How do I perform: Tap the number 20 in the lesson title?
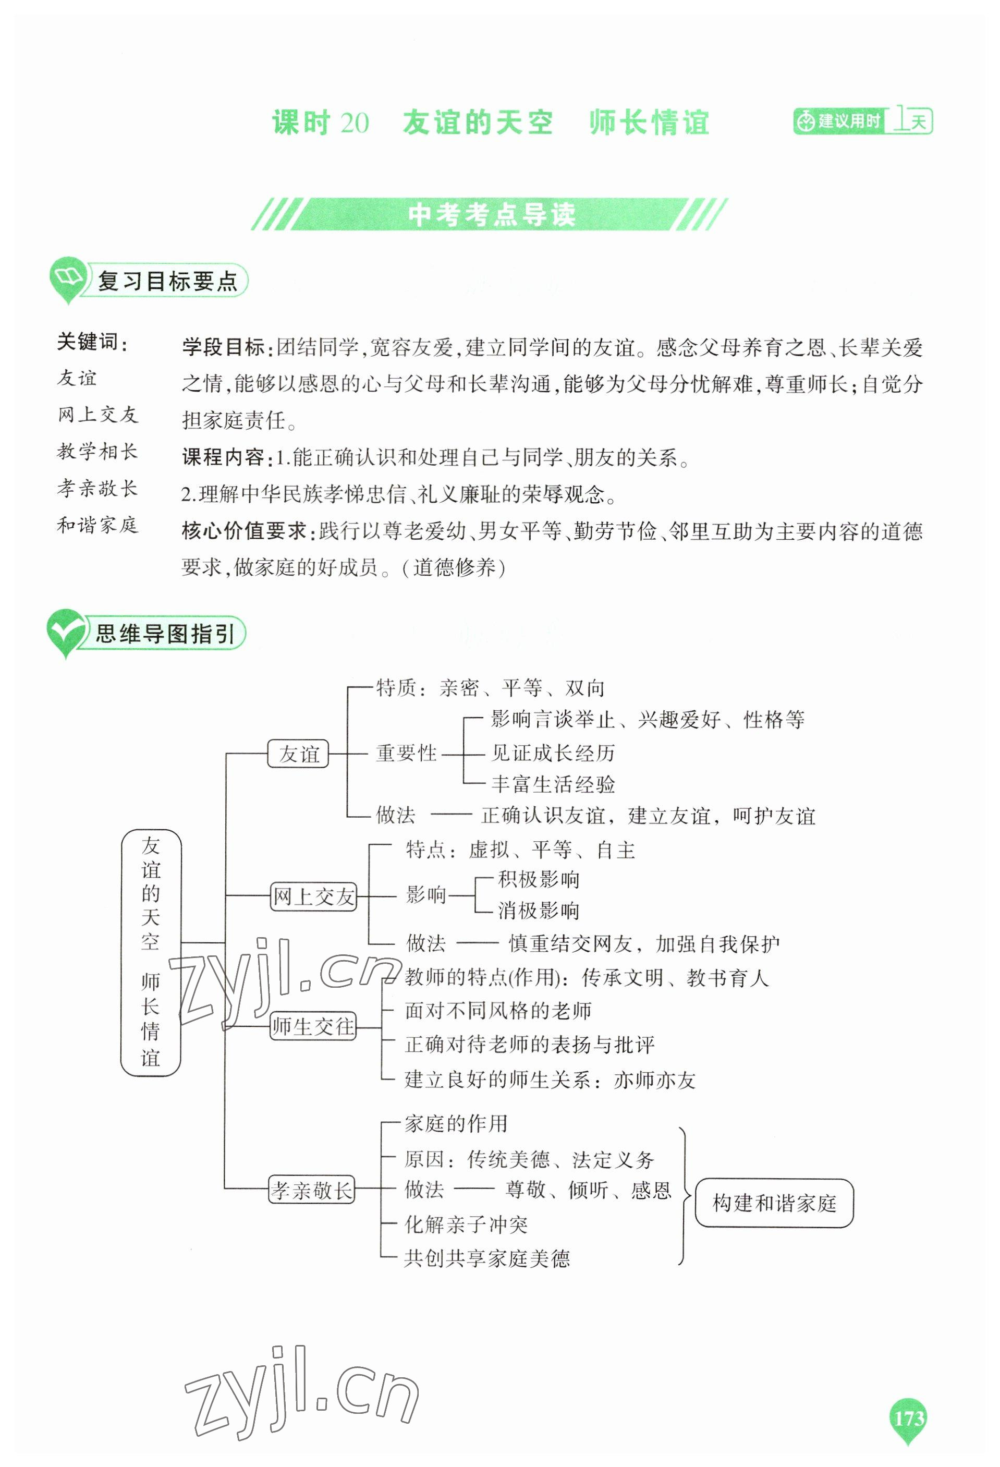pyautogui.click(x=354, y=123)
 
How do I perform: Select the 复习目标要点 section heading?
pyautogui.click(x=167, y=282)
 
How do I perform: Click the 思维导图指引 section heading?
pyautogui.click(x=165, y=633)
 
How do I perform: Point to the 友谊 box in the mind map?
pyautogui.click(x=298, y=754)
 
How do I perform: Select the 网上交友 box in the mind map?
pyautogui.click(x=313, y=896)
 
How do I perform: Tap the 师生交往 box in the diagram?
pyautogui.click(x=313, y=1026)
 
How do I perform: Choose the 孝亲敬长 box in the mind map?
pyautogui.click(x=312, y=1191)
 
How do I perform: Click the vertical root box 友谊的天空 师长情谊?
pyautogui.click(x=151, y=953)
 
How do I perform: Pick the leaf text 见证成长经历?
pyautogui.click(x=553, y=753)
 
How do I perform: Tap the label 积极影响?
pyautogui.click(x=538, y=879)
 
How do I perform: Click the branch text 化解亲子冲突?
pyautogui.click(x=466, y=1225)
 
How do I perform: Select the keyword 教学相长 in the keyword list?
pyautogui.click(x=97, y=451)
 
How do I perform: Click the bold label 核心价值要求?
pyautogui.click(x=244, y=531)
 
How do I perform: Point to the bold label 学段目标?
pyautogui.click(x=223, y=347)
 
